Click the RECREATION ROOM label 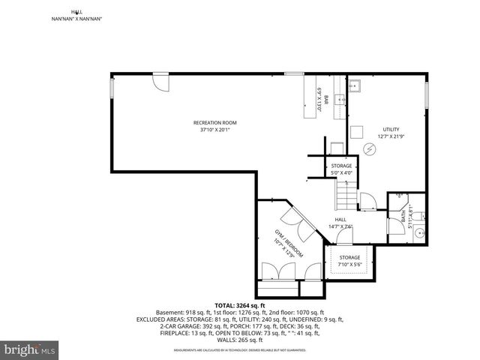click(x=214, y=122)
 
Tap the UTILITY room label click(x=391, y=129)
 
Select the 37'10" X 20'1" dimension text click(x=214, y=130)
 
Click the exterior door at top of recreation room click(x=161, y=80)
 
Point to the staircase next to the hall click(x=345, y=198)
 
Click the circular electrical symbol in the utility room click(x=368, y=149)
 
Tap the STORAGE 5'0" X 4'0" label click(x=341, y=169)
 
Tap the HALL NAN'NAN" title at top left click(x=76, y=15)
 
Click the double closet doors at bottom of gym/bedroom click(x=277, y=271)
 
